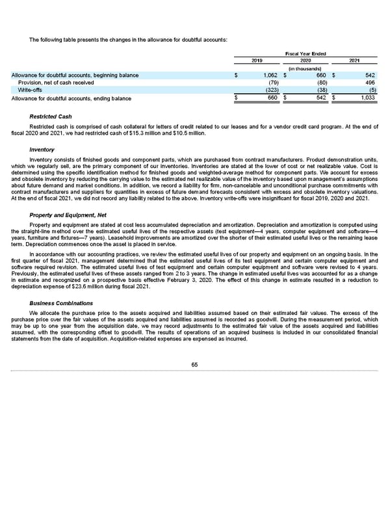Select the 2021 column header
pos(354,61)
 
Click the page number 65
pos(195,364)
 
